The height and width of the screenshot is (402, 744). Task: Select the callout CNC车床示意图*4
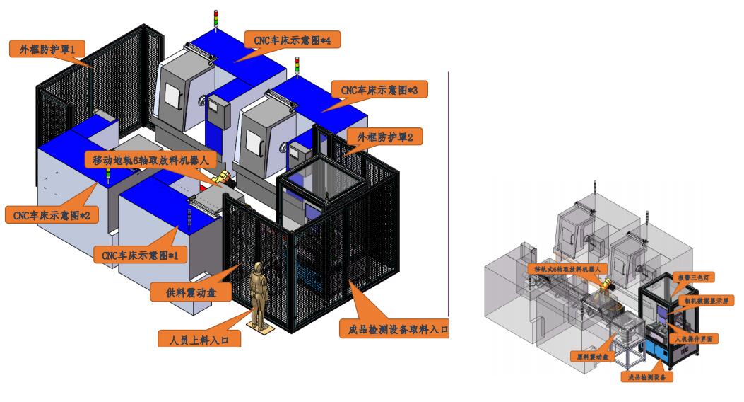point(292,40)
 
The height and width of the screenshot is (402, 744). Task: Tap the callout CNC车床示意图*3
point(379,90)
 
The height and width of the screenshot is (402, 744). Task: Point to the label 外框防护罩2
point(384,137)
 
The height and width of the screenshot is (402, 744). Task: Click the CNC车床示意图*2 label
point(51,213)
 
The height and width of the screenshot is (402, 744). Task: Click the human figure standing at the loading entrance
point(259,293)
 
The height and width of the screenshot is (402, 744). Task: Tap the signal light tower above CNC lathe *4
point(217,20)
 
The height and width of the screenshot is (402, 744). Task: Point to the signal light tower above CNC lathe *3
point(297,67)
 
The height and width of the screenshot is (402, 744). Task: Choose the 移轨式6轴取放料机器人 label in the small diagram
point(567,269)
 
